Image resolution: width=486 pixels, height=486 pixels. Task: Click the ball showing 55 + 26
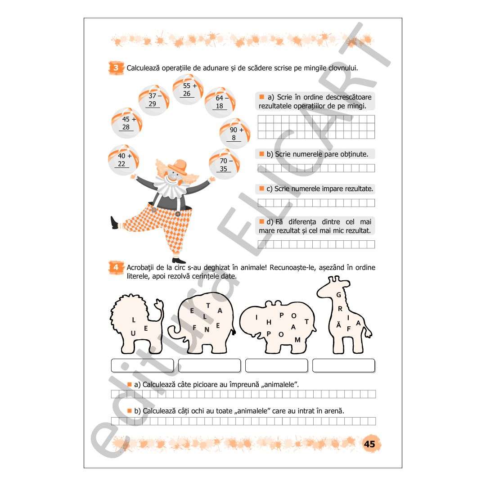pyautogui.click(x=188, y=90)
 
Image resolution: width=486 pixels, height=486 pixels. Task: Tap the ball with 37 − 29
pyautogui.click(x=154, y=100)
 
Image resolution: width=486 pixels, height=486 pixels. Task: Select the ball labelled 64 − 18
pyautogui.click(x=220, y=102)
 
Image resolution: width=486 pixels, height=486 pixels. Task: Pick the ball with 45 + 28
pyautogui.click(x=127, y=123)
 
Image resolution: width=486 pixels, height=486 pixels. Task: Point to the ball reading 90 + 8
pyautogui.click(x=235, y=133)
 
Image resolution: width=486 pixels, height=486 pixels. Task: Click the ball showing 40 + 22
pyautogui.click(x=123, y=160)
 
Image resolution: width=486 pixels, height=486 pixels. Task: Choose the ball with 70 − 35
pyautogui.click(x=225, y=164)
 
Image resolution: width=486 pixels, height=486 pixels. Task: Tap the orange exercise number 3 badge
pyautogui.click(x=116, y=68)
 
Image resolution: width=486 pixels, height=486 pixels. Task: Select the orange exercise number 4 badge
pyautogui.click(x=116, y=267)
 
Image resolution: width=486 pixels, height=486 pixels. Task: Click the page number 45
pyautogui.click(x=369, y=444)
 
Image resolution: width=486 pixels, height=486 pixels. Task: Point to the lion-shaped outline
pyautogui.click(x=136, y=324)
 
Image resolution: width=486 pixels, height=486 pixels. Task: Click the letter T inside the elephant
pyautogui.click(x=208, y=306)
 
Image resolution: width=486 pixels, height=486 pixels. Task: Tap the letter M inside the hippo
pyautogui.click(x=297, y=340)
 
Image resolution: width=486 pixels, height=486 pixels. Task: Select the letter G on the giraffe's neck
pyautogui.click(x=339, y=295)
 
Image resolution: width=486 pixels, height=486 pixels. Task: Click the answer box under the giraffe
pyautogui.click(x=344, y=365)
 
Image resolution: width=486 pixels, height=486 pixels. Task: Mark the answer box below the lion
pyautogui.click(x=142, y=365)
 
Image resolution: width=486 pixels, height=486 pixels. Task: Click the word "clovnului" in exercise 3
pyautogui.click(x=343, y=68)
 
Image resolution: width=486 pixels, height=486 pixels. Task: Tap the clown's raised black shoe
pyautogui.click(x=114, y=223)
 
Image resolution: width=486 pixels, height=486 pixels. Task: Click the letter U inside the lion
pyautogui.click(x=133, y=333)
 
